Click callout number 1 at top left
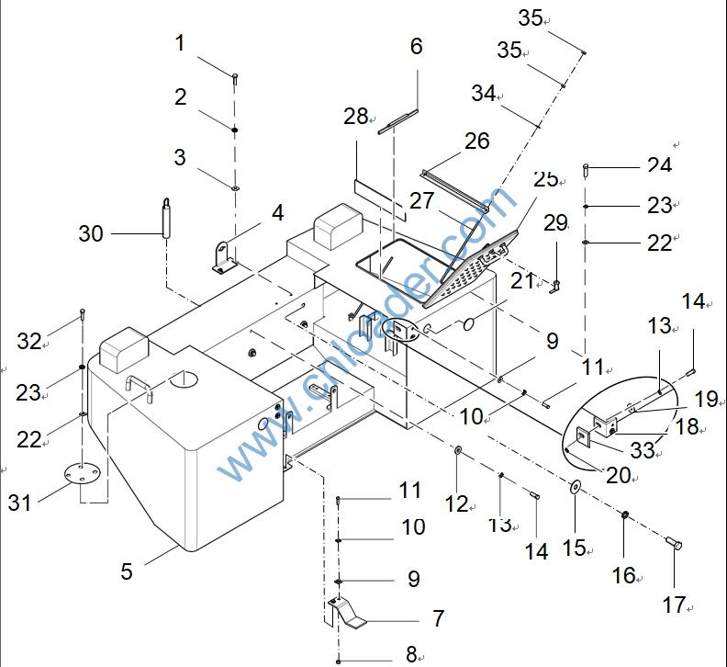(x=180, y=43)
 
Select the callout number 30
(x=91, y=234)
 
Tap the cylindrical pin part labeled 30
(x=166, y=219)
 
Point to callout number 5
(x=127, y=571)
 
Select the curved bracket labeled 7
(x=348, y=616)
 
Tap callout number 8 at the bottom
(x=411, y=654)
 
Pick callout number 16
(x=623, y=575)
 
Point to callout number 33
(x=643, y=450)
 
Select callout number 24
(x=659, y=164)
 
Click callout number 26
(x=477, y=141)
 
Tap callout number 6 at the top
(x=416, y=47)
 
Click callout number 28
(x=355, y=117)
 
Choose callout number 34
(x=484, y=93)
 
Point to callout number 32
(x=29, y=342)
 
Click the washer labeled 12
(x=457, y=451)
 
